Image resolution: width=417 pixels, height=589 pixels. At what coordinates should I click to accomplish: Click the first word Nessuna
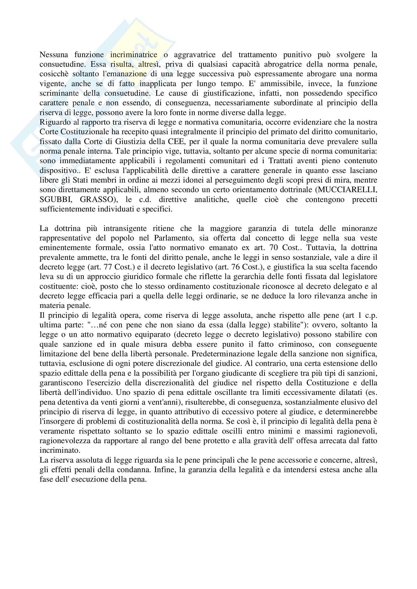pyautogui.click(x=54, y=55)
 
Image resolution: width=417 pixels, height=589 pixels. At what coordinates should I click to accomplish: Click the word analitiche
pyautogui.click(x=211, y=200)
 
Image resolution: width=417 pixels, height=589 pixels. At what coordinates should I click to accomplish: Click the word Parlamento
pyautogui.click(x=177, y=238)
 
